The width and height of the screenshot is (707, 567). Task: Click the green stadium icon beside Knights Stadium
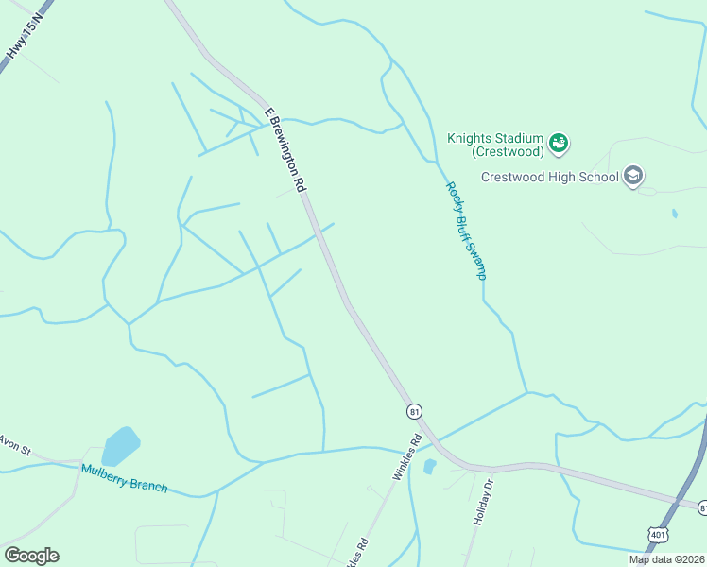pos(560,143)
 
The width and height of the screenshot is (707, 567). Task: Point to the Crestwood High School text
pos(549,176)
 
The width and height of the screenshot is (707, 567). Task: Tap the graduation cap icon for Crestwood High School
pos(633,176)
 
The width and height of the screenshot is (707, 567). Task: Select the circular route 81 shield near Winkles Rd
pos(414,411)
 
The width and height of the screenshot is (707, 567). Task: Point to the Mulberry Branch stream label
pos(124,478)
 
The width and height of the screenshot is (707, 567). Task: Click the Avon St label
pos(13,444)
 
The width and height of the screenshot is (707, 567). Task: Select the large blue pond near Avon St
pos(120,445)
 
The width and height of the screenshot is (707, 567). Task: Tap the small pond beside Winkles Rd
pos(430,467)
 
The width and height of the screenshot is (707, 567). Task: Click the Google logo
pos(31,555)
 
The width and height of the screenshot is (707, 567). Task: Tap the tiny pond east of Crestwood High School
pos(674,214)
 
